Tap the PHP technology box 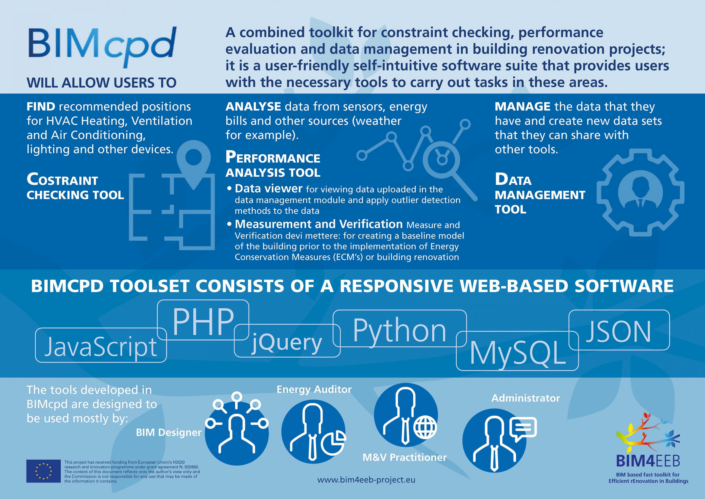point(203,320)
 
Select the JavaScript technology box point(101,345)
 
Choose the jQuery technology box point(287,341)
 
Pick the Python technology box point(400,328)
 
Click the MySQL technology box point(517,351)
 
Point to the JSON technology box point(619,330)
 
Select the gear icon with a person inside point(641,193)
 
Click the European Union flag point(43,471)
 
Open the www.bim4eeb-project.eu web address point(366,480)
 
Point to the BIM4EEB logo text point(648,461)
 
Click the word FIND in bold point(41,107)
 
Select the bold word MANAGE point(523,107)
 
